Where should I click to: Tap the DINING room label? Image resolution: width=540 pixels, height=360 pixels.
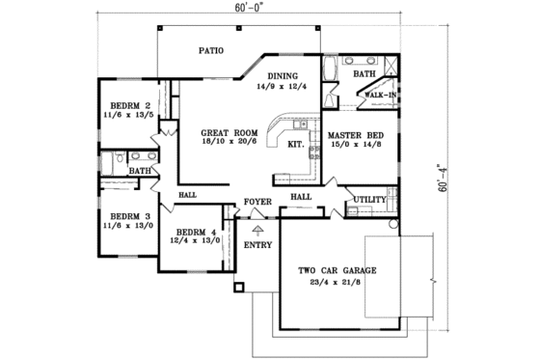[x=283, y=75]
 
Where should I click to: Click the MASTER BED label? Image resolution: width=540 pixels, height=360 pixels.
[x=354, y=136]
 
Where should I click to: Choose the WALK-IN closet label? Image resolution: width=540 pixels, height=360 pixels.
[x=377, y=95]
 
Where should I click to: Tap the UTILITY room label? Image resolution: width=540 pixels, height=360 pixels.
[x=370, y=200]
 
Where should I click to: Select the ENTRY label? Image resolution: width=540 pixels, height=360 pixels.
[x=257, y=245]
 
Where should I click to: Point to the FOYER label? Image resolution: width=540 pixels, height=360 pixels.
[x=256, y=202]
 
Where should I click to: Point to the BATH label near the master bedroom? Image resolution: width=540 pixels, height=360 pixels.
[x=364, y=73]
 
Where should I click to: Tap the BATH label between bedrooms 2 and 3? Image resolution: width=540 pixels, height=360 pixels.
[x=140, y=171]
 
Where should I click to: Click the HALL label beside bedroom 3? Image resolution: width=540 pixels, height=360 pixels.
[x=187, y=195]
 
